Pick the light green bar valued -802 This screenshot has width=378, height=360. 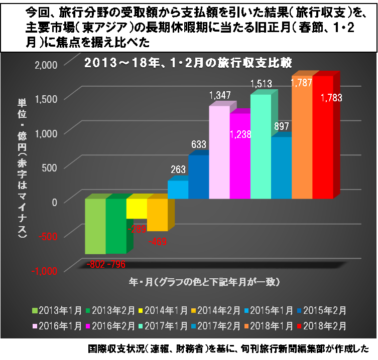(95, 226)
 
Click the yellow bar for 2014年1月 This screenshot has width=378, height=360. (136, 209)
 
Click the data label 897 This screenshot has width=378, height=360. (282, 126)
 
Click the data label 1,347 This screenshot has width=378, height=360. (219, 95)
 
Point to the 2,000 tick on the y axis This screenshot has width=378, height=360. (47, 64)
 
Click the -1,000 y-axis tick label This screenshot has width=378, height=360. (46, 270)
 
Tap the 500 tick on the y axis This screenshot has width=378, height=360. (50, 167)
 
